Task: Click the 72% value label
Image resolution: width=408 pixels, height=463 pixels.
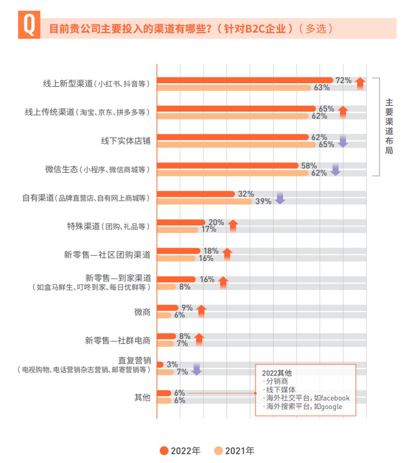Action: coord(343,80)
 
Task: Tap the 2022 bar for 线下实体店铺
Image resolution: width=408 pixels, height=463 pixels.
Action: coord(233,137)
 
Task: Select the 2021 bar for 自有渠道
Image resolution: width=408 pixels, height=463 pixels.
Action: coord(204,201)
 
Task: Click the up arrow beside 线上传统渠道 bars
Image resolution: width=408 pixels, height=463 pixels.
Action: coord(343,112)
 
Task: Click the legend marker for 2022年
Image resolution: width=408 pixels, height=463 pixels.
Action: coord(164,451)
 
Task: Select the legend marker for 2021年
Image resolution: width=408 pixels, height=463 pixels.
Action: coord(218,451)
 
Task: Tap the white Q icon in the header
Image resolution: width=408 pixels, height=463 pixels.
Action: coord(29,25)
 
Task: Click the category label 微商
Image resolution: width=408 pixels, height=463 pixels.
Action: coord(142,312)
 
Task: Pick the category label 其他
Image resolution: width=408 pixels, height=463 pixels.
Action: coord(142,397)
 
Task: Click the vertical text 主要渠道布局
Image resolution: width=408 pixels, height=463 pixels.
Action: coord(389,127)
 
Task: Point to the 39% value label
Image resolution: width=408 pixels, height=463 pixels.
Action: coord(263,201)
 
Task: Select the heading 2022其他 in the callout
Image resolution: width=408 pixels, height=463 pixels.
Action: coord(277,373)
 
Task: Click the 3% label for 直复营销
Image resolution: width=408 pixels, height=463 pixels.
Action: coord(172,364)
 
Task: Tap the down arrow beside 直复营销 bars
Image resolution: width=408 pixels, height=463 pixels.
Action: coord(196,369)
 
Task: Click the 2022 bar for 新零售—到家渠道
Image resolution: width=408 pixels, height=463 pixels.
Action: coord(176,279)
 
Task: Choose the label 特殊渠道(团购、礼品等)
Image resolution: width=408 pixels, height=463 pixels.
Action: coord(108,226)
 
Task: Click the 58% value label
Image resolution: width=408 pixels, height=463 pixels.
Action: coord(309,166)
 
